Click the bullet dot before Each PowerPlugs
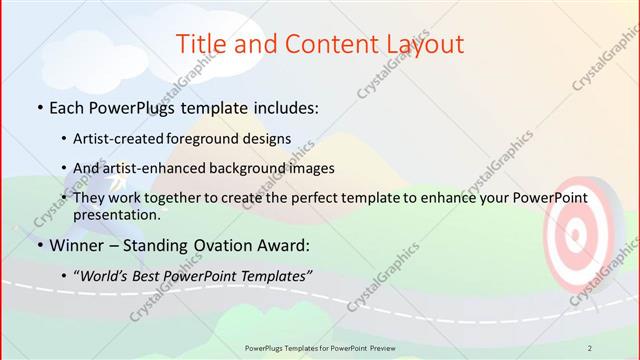[x=38, y=106]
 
